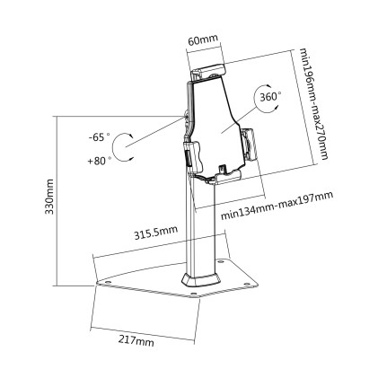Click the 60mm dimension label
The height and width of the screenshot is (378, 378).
200,40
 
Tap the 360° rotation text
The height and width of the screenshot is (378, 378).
269,95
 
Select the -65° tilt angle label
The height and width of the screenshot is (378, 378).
99,138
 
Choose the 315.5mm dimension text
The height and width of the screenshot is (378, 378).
154,233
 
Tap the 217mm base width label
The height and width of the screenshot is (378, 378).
135,340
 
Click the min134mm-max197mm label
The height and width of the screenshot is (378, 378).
276,207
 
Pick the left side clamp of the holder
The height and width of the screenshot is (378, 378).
189,153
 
